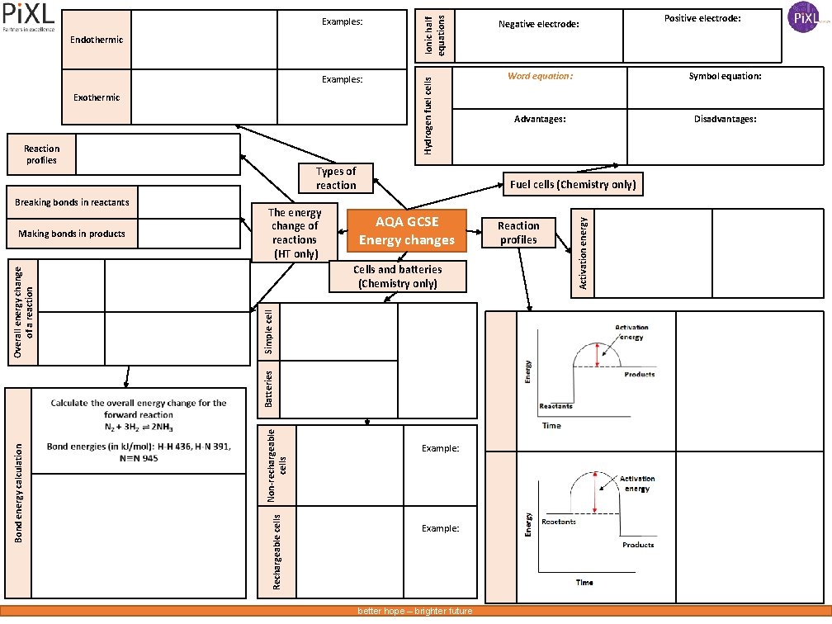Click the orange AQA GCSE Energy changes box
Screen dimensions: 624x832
pos(406,231)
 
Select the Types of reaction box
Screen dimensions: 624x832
pos(336,178)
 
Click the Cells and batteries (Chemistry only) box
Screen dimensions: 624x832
pos(398,277)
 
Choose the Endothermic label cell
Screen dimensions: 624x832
pos(97,40)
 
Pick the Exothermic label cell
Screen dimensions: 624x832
pos(97,97)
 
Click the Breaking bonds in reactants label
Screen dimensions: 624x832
pos(72,202)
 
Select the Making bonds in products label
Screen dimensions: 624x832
pos(72,234)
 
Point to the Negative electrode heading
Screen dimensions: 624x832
pos(539,25)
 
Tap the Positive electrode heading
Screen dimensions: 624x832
pos(702,18)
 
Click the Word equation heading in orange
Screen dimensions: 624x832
pos(540,76)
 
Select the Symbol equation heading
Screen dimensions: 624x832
pos(725,76)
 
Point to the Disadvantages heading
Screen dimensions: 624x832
pos(725,119)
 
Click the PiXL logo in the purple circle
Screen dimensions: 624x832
pos(805,17)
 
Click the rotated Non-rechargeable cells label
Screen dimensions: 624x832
pos(277,464)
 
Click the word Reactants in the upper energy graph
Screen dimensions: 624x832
pos(555,406)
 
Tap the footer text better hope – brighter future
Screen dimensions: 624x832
pos(414,611)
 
